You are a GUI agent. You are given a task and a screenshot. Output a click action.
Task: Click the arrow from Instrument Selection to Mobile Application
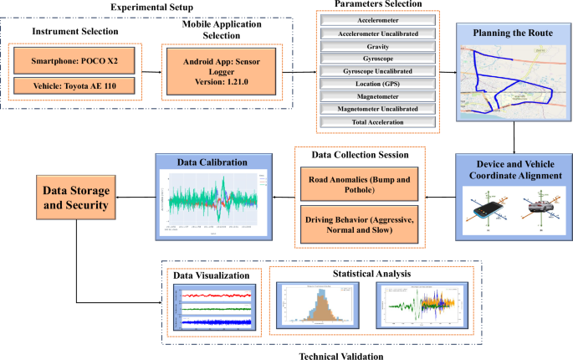point(148,73)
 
